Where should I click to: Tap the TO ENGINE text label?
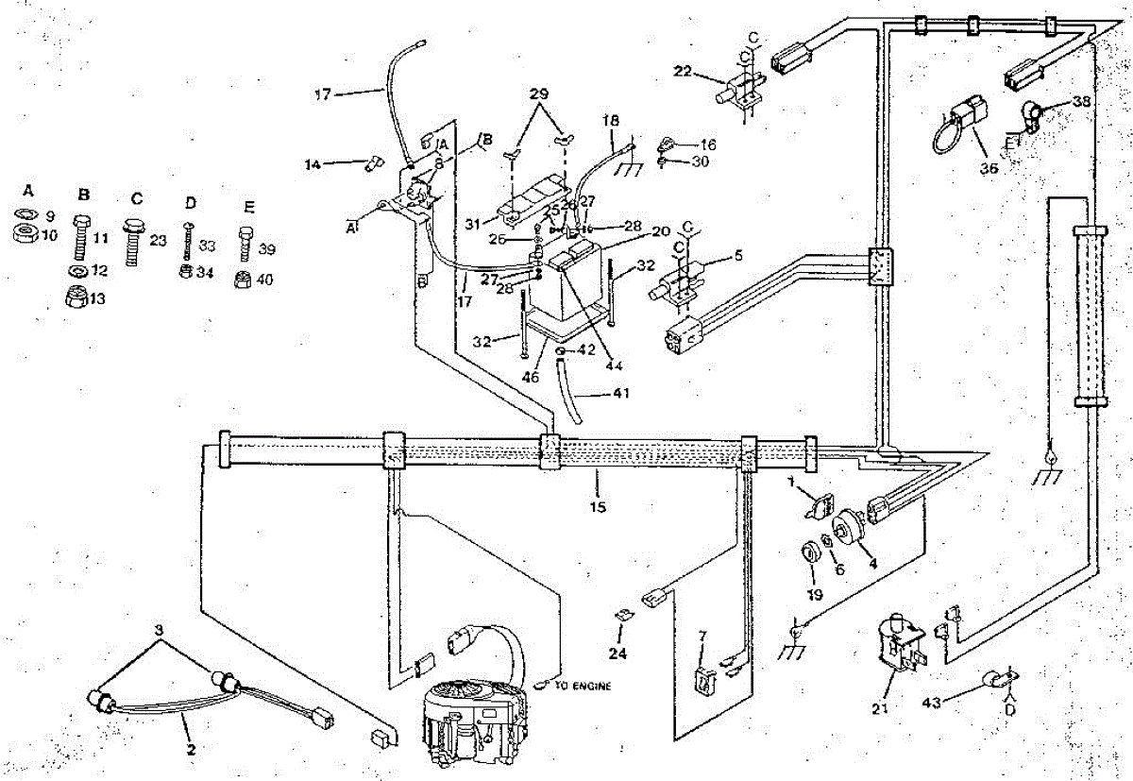(x=583, y=686)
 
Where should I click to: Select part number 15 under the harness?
(x=597, y=507)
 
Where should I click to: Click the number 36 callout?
(x=989, y=170)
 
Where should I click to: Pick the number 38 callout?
(x=1081, y=100)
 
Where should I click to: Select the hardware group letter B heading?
(x=84, y=195)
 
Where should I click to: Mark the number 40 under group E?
(x=267, y=280)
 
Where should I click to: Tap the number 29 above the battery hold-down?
(x=538, y=95)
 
